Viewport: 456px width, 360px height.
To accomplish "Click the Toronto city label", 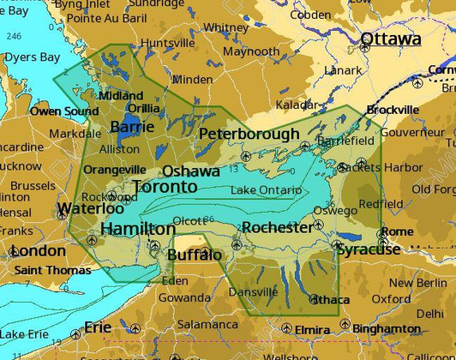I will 165,187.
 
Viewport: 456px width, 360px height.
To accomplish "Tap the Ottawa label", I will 390,39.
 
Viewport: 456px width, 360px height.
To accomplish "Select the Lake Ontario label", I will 266,189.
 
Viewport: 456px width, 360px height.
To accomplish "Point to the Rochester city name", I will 277,227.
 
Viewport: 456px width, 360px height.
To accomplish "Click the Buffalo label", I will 194,255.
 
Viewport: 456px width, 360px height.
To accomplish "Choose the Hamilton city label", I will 138,229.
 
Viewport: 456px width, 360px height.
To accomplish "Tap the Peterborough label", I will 249,134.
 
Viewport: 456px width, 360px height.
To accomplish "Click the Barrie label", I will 132,127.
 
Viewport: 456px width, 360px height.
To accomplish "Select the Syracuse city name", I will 369,249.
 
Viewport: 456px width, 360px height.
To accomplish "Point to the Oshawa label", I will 190,171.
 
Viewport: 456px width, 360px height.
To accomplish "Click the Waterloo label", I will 90,208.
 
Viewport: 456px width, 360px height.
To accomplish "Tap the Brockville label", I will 393,110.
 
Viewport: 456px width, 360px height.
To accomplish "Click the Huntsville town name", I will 167,43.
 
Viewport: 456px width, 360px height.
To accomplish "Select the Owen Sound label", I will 64,111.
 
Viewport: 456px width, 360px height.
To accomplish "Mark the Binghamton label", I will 387,328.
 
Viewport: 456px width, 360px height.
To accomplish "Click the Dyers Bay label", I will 32,57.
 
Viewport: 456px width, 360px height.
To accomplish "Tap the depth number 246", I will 13,36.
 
